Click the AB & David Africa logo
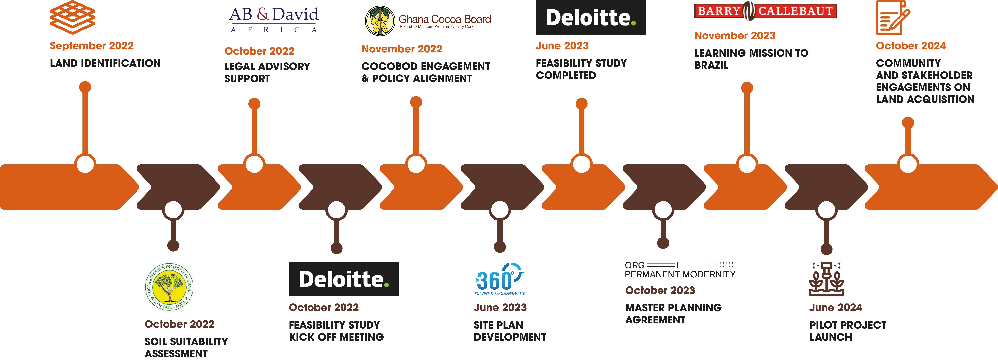pos(274,19)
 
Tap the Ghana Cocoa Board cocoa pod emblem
pos(380,20)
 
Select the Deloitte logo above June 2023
pos(590,17)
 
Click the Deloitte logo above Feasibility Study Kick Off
pos(344,279)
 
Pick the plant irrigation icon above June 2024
pos(826,279)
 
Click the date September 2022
pos(91,46)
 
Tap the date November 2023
pos(735,36)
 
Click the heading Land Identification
pos(105,63)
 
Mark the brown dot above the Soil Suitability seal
pos(173,245)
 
